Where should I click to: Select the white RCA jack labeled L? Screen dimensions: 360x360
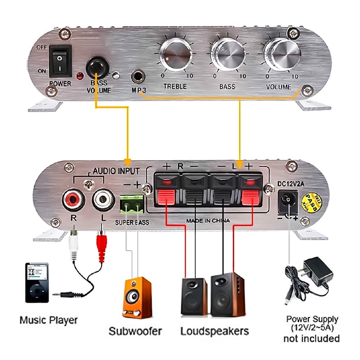click(103, 199)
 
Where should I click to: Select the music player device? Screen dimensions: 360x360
click(37, 282)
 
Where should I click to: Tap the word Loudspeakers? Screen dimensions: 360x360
click(214, 331)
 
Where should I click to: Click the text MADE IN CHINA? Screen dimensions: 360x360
click(208, 221)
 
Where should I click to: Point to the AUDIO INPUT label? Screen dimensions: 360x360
click(116, 171)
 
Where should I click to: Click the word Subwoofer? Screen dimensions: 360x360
click(135, 331)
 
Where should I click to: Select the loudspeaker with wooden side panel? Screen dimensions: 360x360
click(227, 295)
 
